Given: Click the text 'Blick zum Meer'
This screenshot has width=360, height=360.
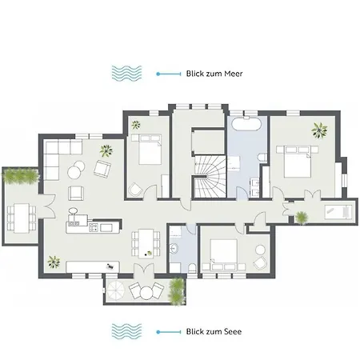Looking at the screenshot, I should [215, 74].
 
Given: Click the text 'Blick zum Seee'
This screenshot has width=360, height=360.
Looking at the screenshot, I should [215, 331].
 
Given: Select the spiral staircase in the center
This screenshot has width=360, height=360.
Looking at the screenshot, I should [210, 175].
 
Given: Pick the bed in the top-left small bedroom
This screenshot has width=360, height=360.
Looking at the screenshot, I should [148, 150].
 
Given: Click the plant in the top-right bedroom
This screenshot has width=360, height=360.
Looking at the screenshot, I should [320, 129].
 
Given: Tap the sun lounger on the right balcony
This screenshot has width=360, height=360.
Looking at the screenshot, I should [334, 211].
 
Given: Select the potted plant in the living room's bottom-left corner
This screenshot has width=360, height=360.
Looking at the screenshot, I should [54, 261].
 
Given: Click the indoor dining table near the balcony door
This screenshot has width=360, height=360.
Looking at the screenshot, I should [145, 240].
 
